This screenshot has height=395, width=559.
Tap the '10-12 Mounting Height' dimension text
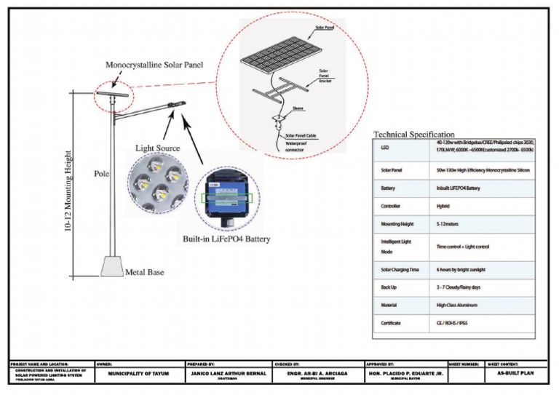[68, 191]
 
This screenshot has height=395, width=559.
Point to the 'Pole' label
[101, 174]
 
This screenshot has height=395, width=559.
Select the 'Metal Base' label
[144, 273]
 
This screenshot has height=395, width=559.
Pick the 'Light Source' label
[157, 148]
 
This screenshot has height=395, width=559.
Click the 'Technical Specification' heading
[413, 135]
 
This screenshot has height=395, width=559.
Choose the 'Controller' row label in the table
[391, 206]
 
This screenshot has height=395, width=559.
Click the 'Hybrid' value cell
[443, 206]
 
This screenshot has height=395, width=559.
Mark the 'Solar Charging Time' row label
[400, 269]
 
